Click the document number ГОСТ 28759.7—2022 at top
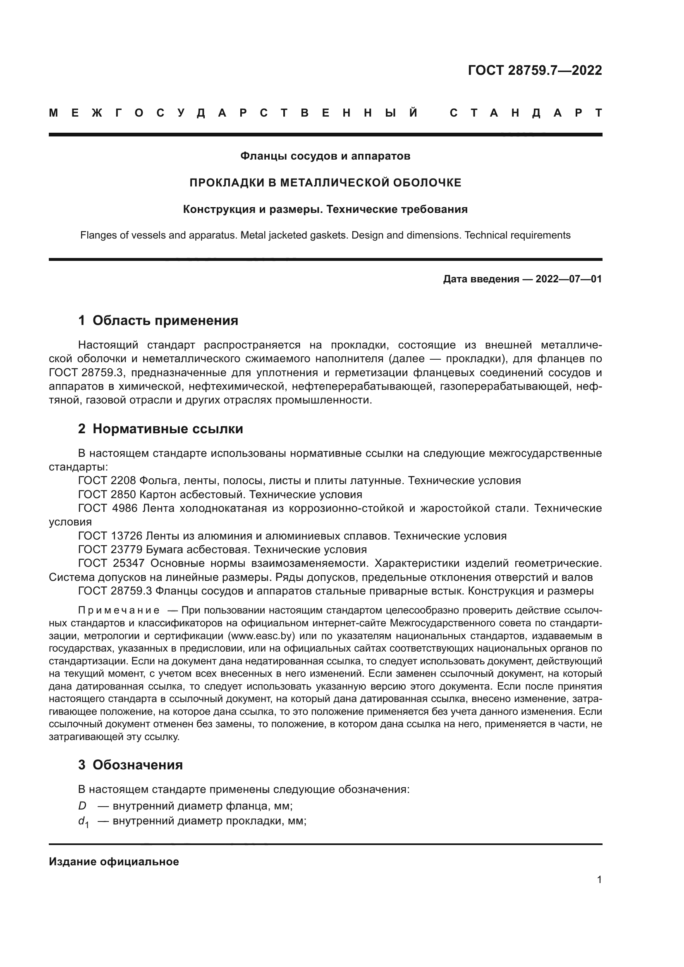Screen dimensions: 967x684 (x=534, y=70)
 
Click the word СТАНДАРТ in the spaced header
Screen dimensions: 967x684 (x=526, y=113)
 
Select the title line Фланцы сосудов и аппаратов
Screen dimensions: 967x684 (x=325, y=156)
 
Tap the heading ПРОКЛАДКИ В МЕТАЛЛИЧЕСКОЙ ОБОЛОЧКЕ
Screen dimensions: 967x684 (x=325, y=183)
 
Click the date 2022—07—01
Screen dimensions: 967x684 (x=568, y=279)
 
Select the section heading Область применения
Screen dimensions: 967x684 (x=165, y=320)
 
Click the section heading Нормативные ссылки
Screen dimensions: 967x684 (x=167, y=429)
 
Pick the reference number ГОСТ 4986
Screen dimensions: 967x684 (x=108, y=509)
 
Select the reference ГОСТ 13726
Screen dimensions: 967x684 (x=110, y=536)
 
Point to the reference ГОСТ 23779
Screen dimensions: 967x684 (x=110, y=549)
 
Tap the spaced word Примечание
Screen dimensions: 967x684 (x=119, y=611)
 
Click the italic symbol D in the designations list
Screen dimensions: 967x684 (x=82, y=806)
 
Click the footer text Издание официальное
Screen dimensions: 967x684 (x=114, y=862)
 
